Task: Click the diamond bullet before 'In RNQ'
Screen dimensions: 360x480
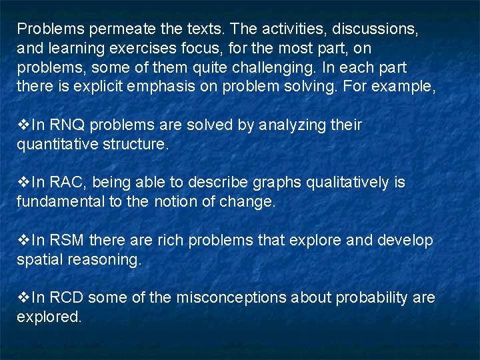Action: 23,125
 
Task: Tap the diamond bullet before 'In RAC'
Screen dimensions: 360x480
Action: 23,183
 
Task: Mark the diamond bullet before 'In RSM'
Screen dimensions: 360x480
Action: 23,240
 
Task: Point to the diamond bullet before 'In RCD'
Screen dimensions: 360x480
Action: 23,297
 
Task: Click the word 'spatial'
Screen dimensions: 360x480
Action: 39,259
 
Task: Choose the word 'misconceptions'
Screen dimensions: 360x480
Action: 231,297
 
